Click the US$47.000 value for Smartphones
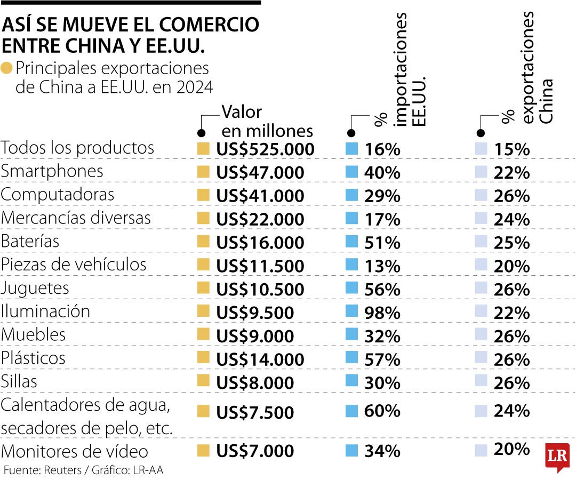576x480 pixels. point(260,173)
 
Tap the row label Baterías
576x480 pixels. point(30,241)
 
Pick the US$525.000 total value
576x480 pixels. point(266,149)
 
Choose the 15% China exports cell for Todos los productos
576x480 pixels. point(511,149)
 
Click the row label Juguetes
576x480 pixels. point(35,289)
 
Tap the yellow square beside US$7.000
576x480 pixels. point(203,451)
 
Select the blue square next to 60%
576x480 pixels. point(351,411)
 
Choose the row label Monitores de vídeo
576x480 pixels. point(75,452)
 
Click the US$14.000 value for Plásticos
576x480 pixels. point(260,359)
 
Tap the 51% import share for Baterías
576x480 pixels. point(382,243)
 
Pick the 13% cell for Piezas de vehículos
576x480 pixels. point(382,266)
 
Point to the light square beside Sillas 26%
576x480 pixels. point(481,381)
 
